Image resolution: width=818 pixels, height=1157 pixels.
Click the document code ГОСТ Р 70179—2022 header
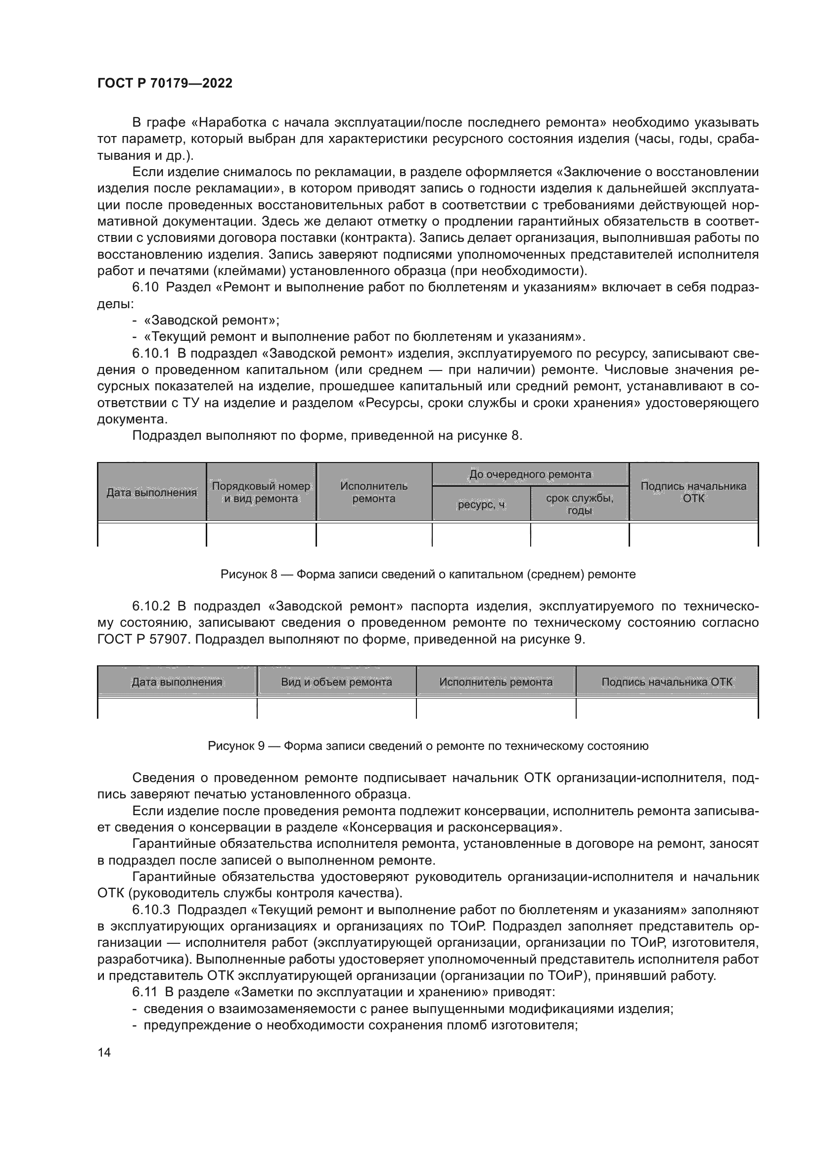[165, 83]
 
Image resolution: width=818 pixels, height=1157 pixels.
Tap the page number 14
[104, 1052]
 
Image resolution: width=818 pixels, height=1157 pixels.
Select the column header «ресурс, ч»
[481, 505]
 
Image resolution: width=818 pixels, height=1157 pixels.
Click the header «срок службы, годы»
[579, 504]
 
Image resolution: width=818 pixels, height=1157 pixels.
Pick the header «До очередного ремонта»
[530, 474]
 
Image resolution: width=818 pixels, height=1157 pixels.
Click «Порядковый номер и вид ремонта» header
[261, 492]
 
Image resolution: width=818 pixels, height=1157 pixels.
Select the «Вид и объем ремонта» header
[336, 682]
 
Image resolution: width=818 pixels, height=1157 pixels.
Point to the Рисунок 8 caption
[428, 574]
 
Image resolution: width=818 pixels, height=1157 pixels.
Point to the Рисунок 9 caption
[428, 746]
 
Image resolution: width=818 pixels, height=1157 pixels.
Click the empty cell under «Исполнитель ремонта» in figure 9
[496, 708]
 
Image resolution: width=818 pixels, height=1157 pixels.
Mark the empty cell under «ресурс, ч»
[481, 535]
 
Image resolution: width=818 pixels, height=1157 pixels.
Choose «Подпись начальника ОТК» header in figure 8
[693, 492]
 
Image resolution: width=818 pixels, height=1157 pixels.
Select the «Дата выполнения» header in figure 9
[177, 682]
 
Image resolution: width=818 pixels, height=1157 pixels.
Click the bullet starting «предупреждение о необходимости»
[360, 1025]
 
